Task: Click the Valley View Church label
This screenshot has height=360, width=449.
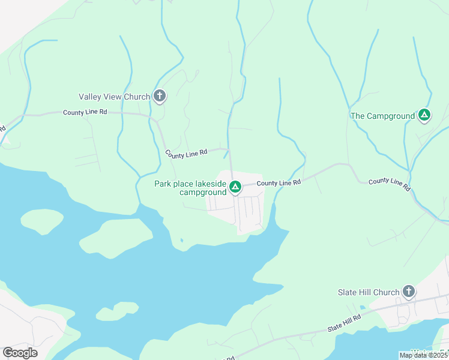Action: [x=115, y=97]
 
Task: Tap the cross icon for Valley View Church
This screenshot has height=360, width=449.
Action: [x=160, y=95]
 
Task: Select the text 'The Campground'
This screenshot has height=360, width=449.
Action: [x=382, y=116]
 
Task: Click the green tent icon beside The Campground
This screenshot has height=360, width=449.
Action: [x=424, y=115]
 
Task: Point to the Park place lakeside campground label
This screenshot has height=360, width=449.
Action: [x=190, y=188]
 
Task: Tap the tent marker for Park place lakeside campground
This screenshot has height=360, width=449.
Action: [x=235, y=188]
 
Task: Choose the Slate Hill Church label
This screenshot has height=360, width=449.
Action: [x=369, y=292]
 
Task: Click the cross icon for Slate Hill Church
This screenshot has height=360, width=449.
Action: [x=409, y=292]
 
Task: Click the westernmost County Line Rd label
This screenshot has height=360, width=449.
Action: [x=85, y=112]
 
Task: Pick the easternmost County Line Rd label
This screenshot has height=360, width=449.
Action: [x=390, y=184]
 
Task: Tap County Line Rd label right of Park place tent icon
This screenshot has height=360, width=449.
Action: [x=279, y=182]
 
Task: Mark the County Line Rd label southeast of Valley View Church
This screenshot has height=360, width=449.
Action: [x=186, y=154]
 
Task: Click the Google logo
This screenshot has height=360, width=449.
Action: [x=20, y=352]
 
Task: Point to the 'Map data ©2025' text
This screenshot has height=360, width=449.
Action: [x=423, y=355]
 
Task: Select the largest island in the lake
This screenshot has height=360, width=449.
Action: [x=117, y=236]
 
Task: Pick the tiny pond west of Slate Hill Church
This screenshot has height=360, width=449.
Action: [x=362, y=308]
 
